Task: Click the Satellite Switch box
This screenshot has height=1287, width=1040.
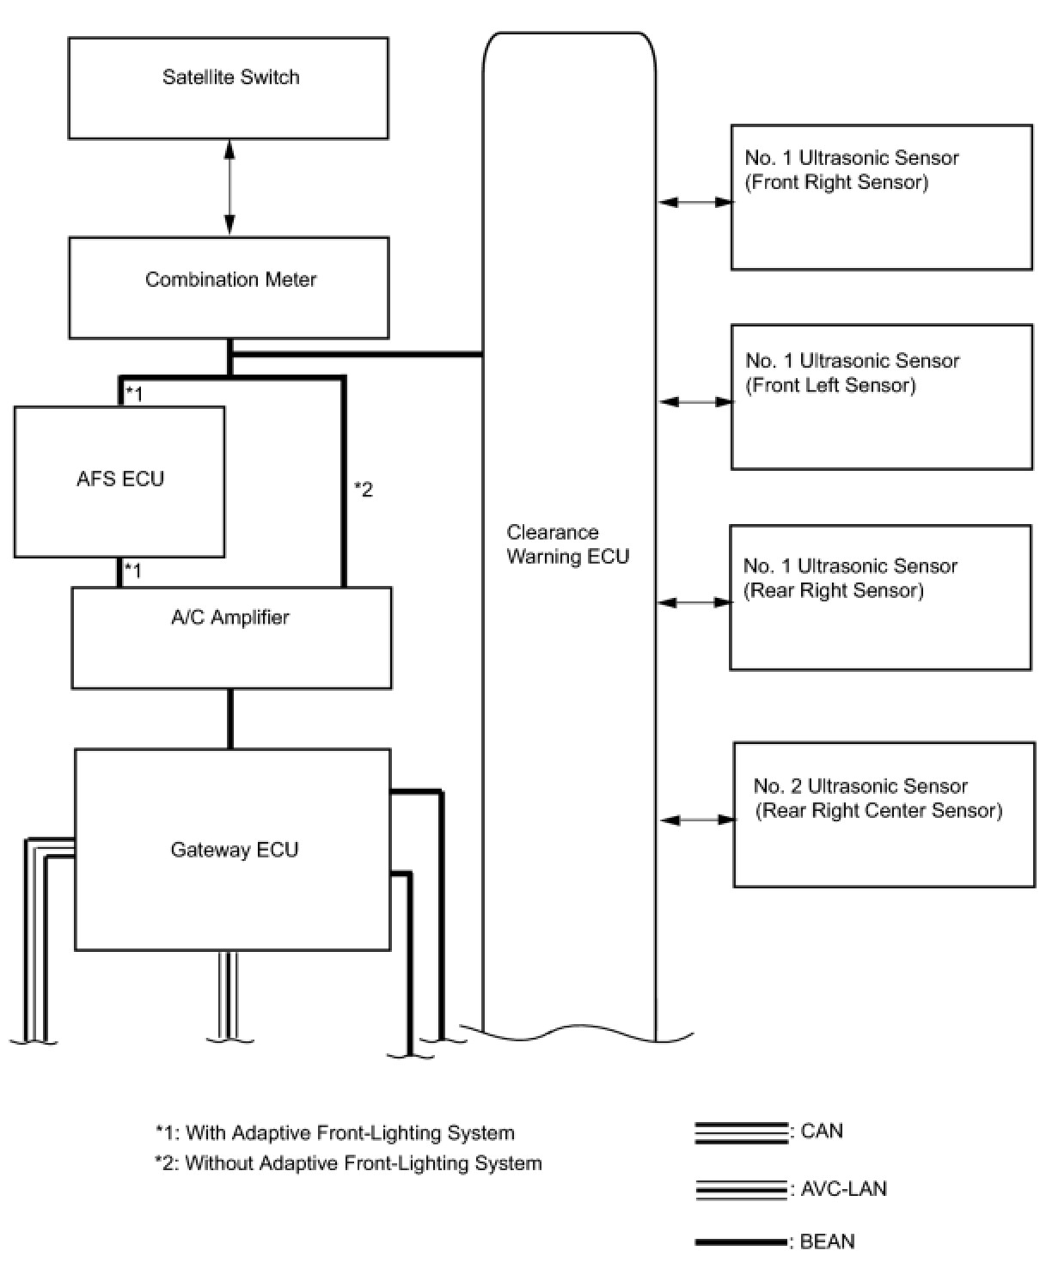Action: point(228,88)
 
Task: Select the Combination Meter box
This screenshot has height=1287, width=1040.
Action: point(229,288)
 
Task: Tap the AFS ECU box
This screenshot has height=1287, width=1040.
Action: point(119,481)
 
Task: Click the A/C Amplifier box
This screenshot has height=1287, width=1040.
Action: point(231,637)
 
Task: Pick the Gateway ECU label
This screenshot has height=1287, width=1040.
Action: point(234,850)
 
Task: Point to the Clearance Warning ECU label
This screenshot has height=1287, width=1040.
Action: point(567,545)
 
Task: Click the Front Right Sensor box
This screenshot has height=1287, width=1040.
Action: point(881,198)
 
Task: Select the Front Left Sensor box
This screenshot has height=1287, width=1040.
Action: point(881,397)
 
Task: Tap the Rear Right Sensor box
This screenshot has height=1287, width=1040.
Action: point(880,597)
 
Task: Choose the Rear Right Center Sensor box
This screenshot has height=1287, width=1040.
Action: point(884,814)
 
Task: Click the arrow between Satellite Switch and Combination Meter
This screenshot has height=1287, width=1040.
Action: point(229,187)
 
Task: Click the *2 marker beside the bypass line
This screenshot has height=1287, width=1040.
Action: point(364,490)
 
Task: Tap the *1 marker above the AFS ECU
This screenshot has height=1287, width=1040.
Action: point(134,394)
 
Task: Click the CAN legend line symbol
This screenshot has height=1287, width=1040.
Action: point(741,1133)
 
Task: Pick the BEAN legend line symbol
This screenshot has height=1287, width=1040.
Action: point(741,1242)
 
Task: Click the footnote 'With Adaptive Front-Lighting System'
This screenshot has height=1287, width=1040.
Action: point(335,1133)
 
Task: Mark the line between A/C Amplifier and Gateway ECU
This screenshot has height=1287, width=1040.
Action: point(230,719)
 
